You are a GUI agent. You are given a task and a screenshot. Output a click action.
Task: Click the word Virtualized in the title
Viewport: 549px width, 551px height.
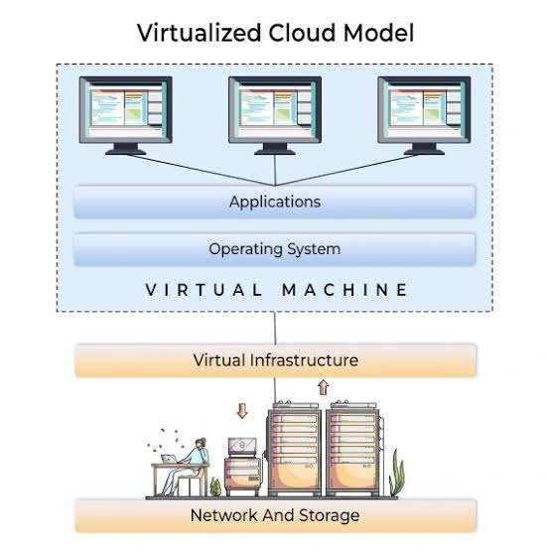point(199,33)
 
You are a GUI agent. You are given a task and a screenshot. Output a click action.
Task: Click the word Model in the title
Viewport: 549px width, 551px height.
point(378,33)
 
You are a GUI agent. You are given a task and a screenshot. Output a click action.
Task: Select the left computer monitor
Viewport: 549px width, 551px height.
point(125,115)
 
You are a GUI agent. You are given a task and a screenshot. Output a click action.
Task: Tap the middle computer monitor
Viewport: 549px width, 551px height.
point(275,115)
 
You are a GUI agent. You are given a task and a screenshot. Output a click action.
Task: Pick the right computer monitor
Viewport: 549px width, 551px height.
point(424,115)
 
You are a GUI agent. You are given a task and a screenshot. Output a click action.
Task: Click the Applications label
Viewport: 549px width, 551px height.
point(275,202)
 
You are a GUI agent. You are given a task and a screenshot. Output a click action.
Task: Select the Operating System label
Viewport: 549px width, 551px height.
point(274,249)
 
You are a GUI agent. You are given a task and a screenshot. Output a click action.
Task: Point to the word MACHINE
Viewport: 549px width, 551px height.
point(345,290)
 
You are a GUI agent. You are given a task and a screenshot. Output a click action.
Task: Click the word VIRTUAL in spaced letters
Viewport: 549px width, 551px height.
point(205,290)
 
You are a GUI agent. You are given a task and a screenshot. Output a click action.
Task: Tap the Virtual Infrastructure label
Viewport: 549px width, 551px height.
point(276,360)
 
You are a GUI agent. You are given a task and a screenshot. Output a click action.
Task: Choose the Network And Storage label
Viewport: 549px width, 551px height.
point(275,515)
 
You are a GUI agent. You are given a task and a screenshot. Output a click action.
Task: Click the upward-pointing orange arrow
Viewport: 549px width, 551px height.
point(323,387)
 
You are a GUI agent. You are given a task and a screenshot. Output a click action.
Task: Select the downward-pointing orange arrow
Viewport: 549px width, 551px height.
point(242,410)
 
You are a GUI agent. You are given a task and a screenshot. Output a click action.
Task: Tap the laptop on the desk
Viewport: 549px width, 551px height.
point(169,459)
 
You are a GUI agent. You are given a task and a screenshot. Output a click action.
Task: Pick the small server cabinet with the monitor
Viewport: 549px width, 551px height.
point(243,467)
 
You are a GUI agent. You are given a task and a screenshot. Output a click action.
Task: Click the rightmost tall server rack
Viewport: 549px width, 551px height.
point(353,449)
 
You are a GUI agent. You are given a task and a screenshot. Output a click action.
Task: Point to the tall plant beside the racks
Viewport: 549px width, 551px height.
point(397,473)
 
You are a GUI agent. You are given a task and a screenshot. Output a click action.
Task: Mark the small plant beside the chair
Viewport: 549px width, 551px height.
point(215,486)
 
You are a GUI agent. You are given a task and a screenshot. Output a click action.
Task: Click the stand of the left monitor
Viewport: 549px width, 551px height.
point(125,149)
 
